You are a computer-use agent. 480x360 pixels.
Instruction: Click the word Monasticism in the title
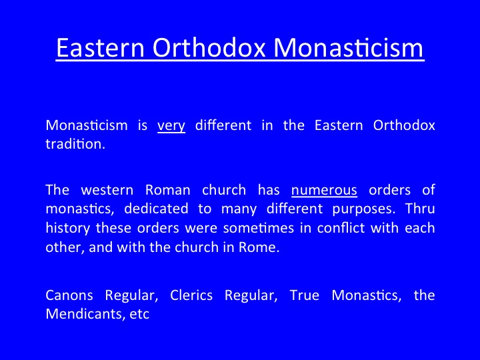tap(348, 47)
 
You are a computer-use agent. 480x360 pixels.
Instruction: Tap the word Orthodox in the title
tap(209, 47)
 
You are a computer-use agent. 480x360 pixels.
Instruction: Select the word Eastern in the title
tap(100, 47)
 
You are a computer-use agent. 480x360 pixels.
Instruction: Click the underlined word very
tap(171, 126)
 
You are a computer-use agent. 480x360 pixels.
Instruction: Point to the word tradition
tap(75, 143)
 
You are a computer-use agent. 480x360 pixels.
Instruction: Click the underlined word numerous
tap(324, 191)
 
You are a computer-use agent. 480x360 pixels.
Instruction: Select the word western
tap(107, 191)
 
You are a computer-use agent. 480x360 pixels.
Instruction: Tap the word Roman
tap(168, 190)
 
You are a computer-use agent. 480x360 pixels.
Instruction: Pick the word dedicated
tap(156, 209)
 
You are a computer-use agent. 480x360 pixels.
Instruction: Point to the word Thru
tap(420, 209)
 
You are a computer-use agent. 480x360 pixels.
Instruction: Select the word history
tap(67, 229)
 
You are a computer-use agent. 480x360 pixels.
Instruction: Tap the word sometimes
tap(259, 228)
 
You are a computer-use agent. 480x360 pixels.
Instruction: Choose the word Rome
tap(259, 247)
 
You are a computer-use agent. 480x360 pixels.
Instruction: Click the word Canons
tap(69, 295)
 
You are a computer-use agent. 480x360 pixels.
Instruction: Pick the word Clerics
tap(191, 295)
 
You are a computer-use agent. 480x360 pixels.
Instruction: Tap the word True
tap(305, 295)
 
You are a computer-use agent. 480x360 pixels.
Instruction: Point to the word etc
tap(139, 315)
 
